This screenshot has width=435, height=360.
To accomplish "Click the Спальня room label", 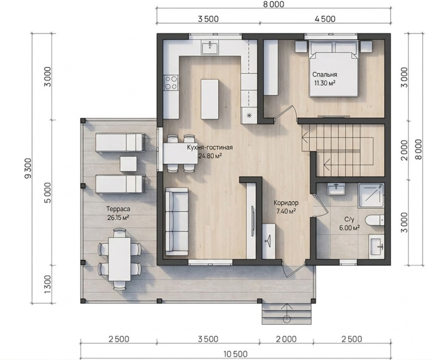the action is point(325,75).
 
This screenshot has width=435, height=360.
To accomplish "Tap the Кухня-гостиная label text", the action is point(210,147).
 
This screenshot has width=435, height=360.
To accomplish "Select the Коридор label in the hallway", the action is point(286,203).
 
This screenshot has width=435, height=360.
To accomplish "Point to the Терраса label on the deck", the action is point(118,209).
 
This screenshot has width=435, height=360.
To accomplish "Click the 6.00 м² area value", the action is point(349,228).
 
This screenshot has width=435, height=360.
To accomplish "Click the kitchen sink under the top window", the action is point(210,47).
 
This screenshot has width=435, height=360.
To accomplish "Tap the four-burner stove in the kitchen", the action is point(171,83).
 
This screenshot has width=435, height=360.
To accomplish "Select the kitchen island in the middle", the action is point(210,99).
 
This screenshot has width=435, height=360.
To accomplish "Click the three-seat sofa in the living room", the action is point(177,221).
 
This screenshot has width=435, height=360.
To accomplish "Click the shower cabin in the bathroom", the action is point(371,195).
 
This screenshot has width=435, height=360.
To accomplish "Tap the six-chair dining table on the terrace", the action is point(120,259).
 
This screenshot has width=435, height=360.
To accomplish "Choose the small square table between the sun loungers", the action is point(128,164).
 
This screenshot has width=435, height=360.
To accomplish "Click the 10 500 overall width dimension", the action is point(235,354).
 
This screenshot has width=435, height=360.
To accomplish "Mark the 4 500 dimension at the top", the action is point(325,19).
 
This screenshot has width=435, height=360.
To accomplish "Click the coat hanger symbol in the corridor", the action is point(268,238).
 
